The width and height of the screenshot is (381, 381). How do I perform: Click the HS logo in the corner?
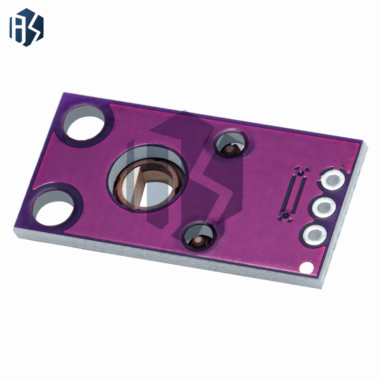tap(26, 27)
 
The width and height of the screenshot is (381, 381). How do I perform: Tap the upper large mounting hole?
tap(84, 122)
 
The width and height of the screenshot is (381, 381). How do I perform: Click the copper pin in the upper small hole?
tap(230, 149)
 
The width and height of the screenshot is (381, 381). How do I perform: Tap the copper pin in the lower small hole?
tap(197, 240)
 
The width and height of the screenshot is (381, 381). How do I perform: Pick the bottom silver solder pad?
tap(315, 235)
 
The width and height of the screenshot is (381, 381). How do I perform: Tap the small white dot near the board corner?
tap(304, 268)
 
